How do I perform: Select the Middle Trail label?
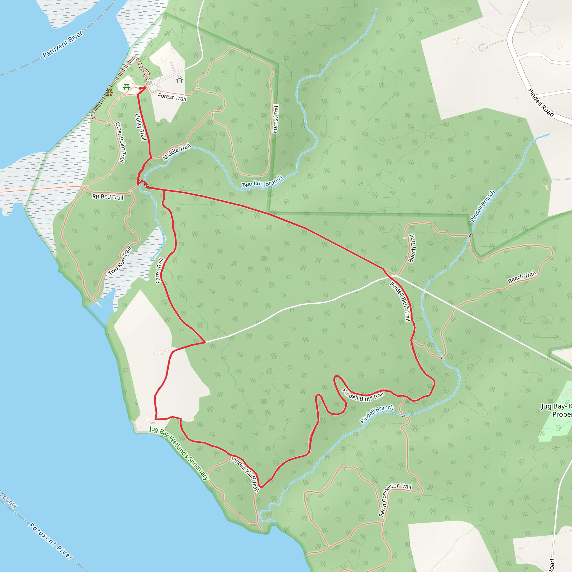(x=177, y=152)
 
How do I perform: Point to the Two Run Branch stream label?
(x=262, y=182)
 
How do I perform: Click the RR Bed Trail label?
(x=108, y=197)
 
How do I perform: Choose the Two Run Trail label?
(x=120, y=261)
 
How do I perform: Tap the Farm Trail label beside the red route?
(x=159, y=271)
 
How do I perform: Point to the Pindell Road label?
(x=541, y=103)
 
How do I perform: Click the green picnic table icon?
(x=127, y=87)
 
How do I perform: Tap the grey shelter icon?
(x=179, y=79)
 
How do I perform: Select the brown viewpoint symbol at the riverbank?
(x=109, y=93)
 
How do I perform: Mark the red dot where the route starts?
(x=140, y=88)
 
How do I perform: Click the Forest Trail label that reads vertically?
(x=275, y=118)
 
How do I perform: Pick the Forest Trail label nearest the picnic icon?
(x=172, y=97)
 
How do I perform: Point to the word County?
(x=8, y=500)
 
